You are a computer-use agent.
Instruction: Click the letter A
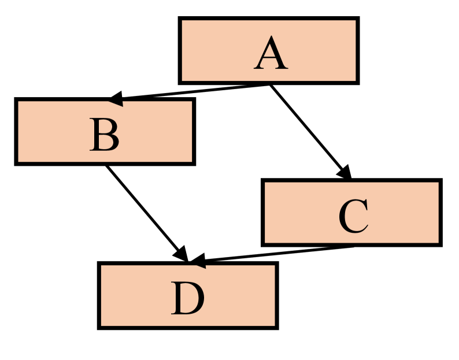tap(271, 55)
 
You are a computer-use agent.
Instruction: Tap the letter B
tap(105, 136)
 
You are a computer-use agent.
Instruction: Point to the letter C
tap(353, 217)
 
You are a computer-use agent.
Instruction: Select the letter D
tap(188, 299)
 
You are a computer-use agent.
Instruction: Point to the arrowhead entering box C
tap(345, 172)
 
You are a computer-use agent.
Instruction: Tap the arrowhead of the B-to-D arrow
tap(181, 254)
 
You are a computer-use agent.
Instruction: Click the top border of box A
tap(269, 19)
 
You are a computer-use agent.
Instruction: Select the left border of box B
tap(17, 132)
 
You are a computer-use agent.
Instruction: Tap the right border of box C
tap(440, 213)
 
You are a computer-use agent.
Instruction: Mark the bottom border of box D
tap(188, 327)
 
